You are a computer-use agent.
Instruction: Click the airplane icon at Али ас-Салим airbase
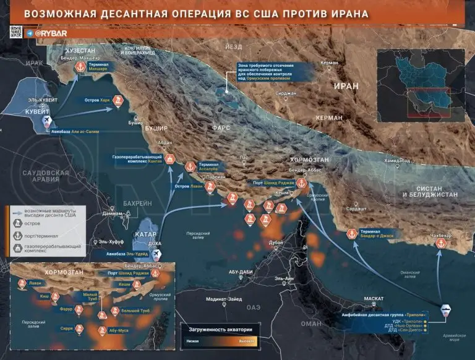(x=46, y=122)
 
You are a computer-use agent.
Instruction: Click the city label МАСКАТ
(x=373, y=299)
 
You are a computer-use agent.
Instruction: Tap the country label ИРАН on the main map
(x=346, y=86)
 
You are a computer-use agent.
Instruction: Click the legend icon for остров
(x=17, y=223)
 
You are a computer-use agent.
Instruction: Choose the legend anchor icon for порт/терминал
(x=17, y=236)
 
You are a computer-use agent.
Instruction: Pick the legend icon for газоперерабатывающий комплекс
(x=17, y=249)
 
